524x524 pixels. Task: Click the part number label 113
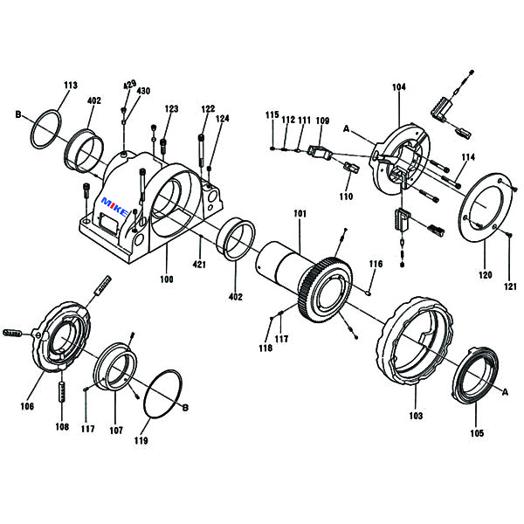(71, 86)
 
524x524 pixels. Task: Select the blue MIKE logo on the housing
(114, 207)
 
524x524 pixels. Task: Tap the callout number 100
(167, 279)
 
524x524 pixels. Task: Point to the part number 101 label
(300, 214)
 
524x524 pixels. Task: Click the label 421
(199, 265)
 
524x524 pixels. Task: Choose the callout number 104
(399, 87)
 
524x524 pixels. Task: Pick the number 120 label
(486, 275)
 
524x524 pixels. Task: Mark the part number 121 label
(510, 286)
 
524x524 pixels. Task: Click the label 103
(416, 416)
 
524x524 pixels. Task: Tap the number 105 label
(477, 433)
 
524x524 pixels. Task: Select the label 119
(141, 441)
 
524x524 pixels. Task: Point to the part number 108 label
(62, 427)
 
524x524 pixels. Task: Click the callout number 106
(27, 406)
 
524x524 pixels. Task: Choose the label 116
(376, 264)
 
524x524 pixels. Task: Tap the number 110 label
(346, 196)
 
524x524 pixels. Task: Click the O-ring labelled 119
(162, 394)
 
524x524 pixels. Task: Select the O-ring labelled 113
(45, 128)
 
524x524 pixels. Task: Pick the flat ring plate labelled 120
(486, 206)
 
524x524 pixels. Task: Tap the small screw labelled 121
(509, 235)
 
